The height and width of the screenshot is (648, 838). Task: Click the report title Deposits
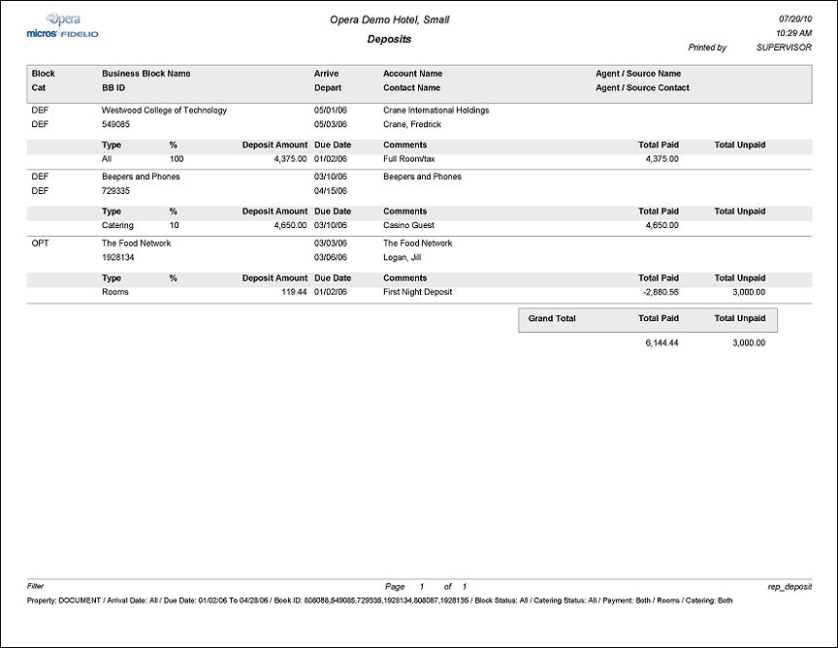pyautogui.click(x=389, y=40)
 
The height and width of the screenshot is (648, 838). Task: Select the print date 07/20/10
pyautogui.click(x=794, y=19)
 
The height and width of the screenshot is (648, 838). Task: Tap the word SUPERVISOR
pyautogui.click(x=784, y=48)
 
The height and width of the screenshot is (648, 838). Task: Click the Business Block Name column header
pyautogui.click(x=145, y=74)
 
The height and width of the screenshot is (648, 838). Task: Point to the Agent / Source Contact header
pyautogui.click(x=642, y=87)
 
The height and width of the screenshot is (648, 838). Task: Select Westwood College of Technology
pyautogui.click(x=164, y=111)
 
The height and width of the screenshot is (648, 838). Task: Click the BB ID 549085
pyautogui.click(x=115, y=124)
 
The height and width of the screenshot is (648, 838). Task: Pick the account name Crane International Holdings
pyautogui.click(x=435, y=111)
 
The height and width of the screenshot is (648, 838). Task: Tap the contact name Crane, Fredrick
pyautogui.click(x=411, y=124)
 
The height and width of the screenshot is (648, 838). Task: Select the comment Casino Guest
pyautogui.click(x=408, y=225)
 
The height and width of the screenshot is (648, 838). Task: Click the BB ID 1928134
pyautogui.click(x=118, y=258)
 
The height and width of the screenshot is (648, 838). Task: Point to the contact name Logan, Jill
pyautogui.click(x=403, y=258)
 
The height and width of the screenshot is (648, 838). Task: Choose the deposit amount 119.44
pyautogui.click(x=293, y=292)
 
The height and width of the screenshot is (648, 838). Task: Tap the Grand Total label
pyautogui.click(x=552, y=319)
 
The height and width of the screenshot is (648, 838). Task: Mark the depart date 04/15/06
pyautogui.click(x=330, y=191)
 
